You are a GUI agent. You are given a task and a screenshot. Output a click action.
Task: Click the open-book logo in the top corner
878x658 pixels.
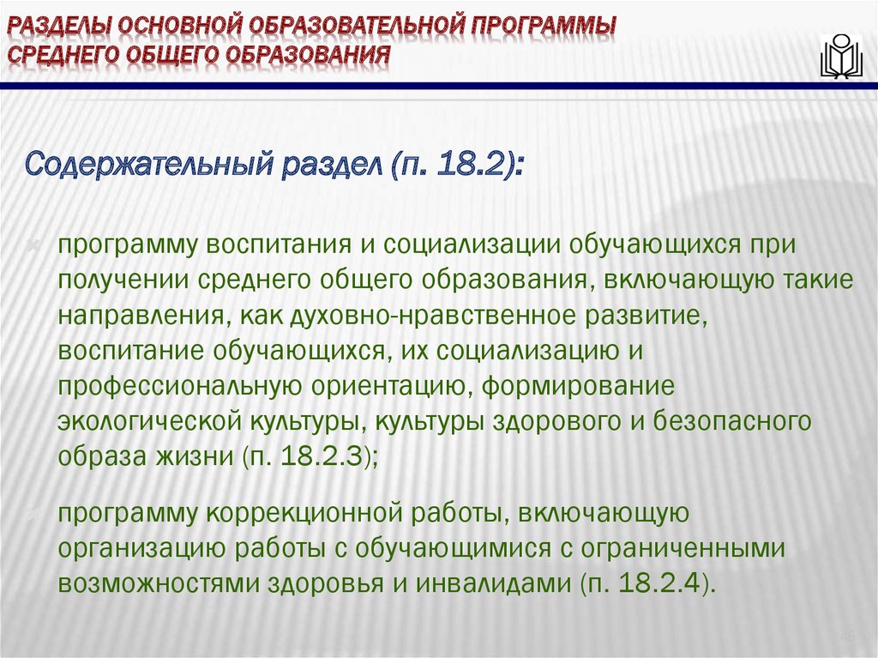point(839,57)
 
